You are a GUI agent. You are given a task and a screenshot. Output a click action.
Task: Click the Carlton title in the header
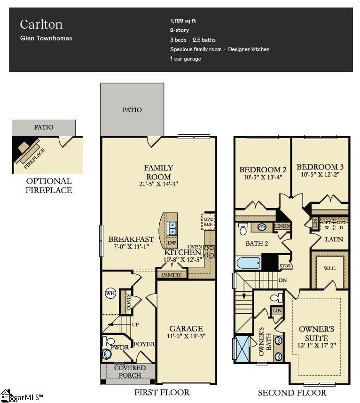pyautogui.click(x=41, y=24)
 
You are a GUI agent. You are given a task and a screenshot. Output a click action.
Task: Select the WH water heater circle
pyautogui.click(x=110, y=294)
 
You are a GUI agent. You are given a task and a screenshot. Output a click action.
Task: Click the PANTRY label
pyautogui.click(x=172, y=274)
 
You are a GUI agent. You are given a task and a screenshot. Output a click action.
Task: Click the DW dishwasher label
pyautogui.click(x=172, y=242)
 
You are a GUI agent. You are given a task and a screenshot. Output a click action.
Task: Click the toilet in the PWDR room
pyautogui.click(x=108, y=352)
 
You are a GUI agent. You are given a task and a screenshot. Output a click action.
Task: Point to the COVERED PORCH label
pyautogui.click(x=130, y=372)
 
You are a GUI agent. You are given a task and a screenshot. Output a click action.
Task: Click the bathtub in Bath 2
pyautogui.click(x=248, y=262)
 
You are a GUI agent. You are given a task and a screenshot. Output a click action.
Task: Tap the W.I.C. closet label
pyautogui.click(x=329, y=269)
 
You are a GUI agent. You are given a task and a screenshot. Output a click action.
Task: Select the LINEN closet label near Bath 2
pyautogui.click(x=282, y=226)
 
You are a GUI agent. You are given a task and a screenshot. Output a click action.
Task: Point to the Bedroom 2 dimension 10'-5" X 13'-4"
pyautogui.click(x=263, y=178)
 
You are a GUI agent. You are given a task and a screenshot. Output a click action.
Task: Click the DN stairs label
pyautogui.click(x=283, y=280)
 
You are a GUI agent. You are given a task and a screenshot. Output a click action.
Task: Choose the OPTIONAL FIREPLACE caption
pyautogui.click(x=49, y=186)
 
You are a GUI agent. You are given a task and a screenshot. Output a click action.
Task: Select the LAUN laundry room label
pyautogui.click(x=334, y=239)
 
